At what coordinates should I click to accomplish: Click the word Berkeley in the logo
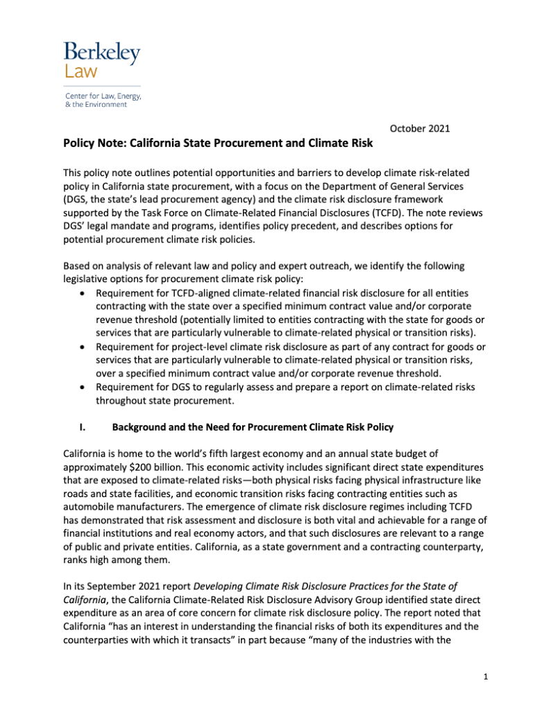coord(102,52)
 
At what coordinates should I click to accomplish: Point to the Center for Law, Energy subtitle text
coord(102,95)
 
